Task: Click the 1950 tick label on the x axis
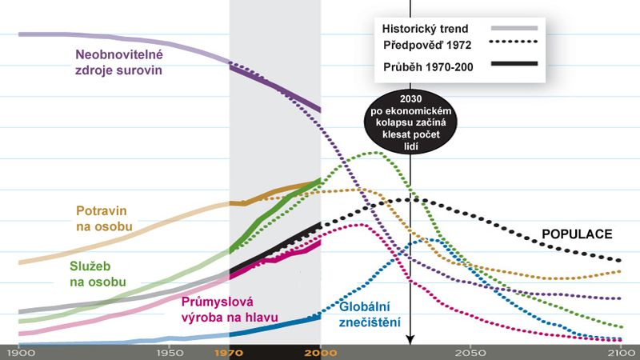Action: click(x=167, y=352)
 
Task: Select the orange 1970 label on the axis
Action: click(x=230, y=352)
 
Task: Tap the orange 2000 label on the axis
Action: click(x=321, y=352)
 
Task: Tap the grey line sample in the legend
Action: click(x=511, y=29)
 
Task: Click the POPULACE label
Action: click(x=577, y=234)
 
